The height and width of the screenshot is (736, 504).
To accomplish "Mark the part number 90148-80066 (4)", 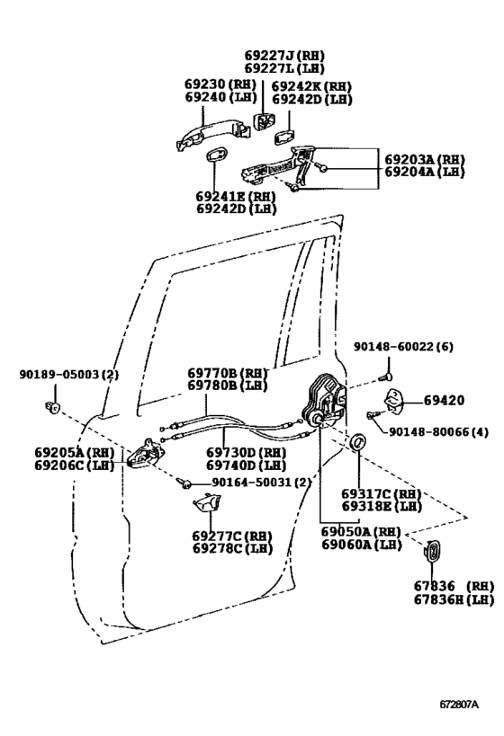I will (438, 431).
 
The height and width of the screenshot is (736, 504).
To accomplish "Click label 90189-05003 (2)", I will (68, 373).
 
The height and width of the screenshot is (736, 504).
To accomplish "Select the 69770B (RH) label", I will (228, 372).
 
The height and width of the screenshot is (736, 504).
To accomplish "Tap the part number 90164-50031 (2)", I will (261, 483).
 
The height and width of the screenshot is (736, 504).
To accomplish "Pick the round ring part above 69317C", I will (357, 442).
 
